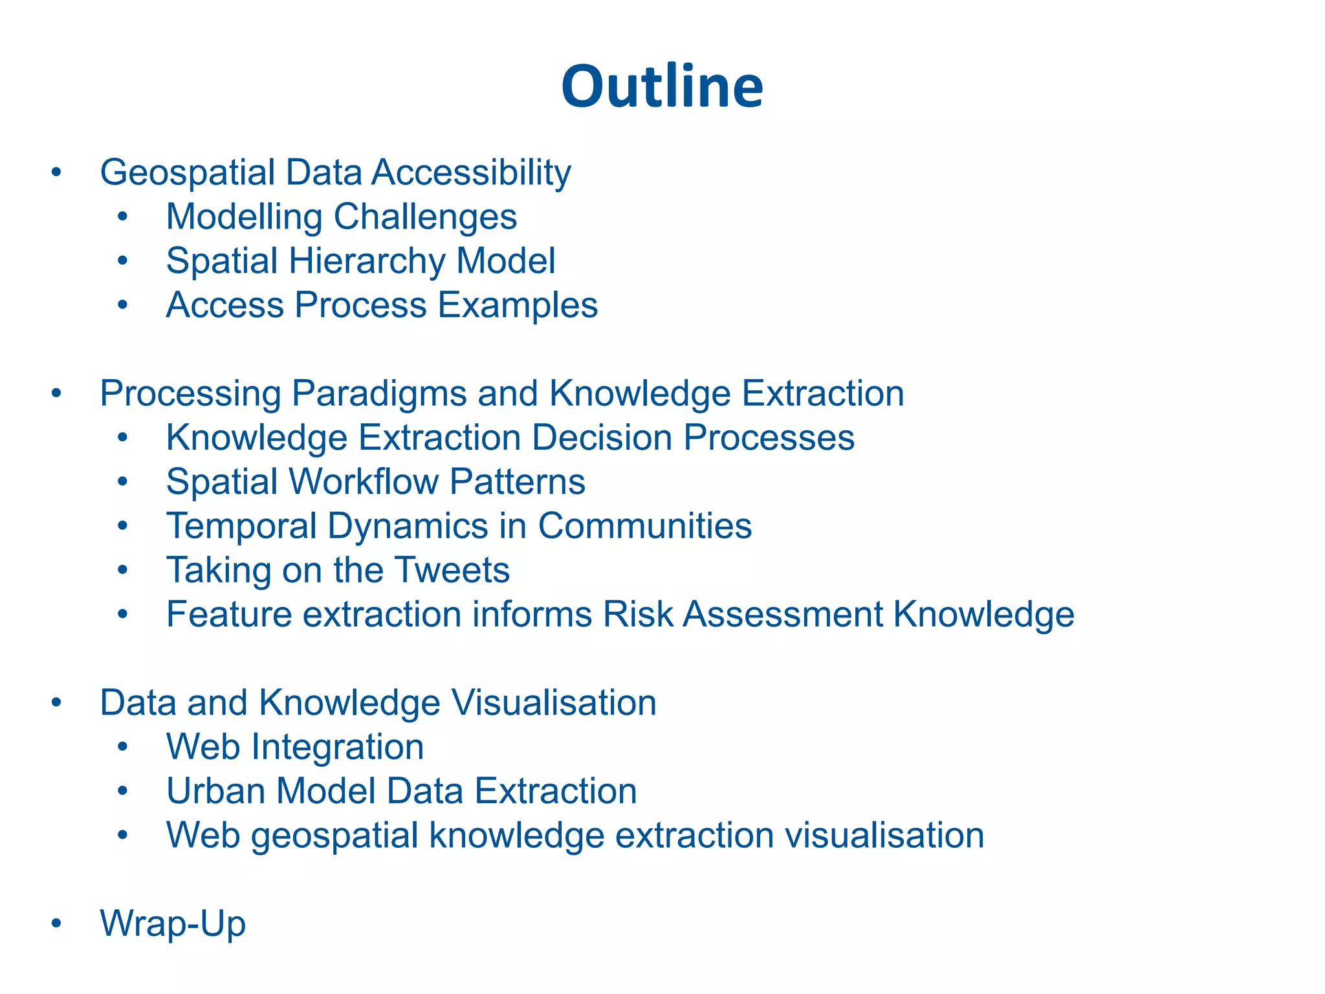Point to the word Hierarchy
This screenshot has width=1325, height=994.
coord(367,261)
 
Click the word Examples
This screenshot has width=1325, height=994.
coord(518,305)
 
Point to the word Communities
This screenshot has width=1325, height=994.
coord(644,526)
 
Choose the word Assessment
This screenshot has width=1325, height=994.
coord(783,615)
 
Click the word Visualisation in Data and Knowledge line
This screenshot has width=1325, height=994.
coord(554,703)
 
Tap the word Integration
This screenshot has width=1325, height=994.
coord(337,747)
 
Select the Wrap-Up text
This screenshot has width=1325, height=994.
coord(173,924)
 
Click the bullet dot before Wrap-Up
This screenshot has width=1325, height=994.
coord(57,924)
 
